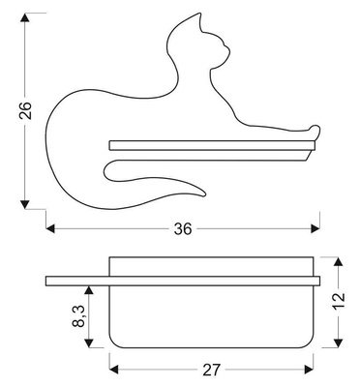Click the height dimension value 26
(x=25, y=110)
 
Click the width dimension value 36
(x=183, y=229)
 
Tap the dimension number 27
(x=211, y=370)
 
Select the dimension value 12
(x=339, y=301)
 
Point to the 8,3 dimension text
(x=79, y=315)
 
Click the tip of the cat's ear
(x=200, y=14)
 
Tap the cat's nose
(x=229, y=49)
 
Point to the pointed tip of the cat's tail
(x=204, y=194)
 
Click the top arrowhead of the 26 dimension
(x=25, y=17)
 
